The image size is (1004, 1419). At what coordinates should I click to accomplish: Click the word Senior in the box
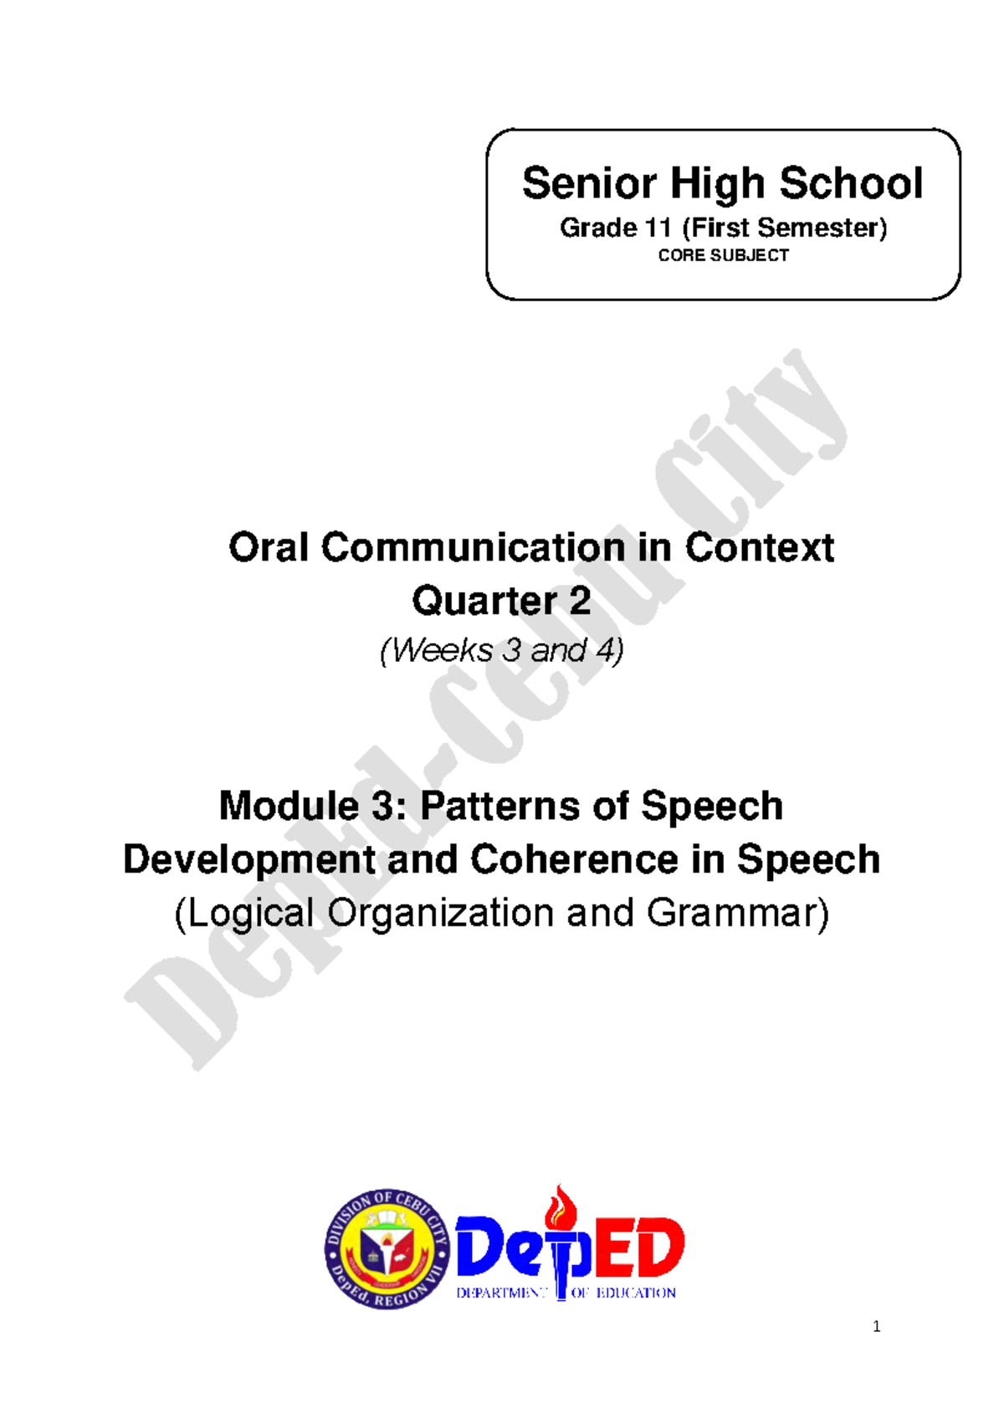590,184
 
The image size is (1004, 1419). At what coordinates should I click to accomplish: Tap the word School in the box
851,184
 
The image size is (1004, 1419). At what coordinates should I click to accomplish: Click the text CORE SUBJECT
724,255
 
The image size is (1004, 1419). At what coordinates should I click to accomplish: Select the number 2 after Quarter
580,601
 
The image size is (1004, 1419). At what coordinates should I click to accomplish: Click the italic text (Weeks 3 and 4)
502,651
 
